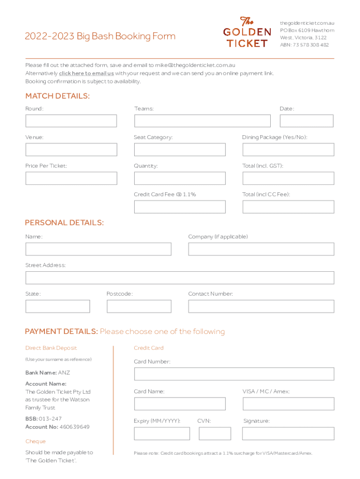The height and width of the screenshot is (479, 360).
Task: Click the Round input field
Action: pyautogui.click(x=71, y=121)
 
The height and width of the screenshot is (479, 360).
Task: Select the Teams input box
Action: pyautogui.click(x=202, y=121)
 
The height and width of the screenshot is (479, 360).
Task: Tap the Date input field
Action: pyautogui.click(x=306, y=121)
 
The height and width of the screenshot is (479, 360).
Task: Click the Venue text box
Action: pyautogui.click(x=71, y=150)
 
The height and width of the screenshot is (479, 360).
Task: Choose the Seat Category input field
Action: pyautogui.click(x=180, y=150)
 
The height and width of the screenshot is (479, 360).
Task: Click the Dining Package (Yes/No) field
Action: pyautogui.click(x=288, y=150)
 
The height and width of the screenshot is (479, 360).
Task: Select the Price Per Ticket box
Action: pyautogui.click(x=71, y=178)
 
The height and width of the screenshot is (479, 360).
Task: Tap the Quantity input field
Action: pyautogui.click(x=180, y=178)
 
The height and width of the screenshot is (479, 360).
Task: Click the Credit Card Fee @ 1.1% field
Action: pyautogui.click(x=180, y=207)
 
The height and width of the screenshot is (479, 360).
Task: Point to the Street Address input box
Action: pyautogui.click(x=180, y=278)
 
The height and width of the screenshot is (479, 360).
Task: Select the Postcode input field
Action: pyautogui.click(x=139, y=306)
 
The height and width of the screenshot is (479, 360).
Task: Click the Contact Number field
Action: pyautogui.click(x=261, y=306)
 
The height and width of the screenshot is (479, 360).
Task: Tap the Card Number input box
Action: pyautogui.click(x=234, y=374)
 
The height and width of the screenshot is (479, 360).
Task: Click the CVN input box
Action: pyautogui.click(x=215, y=434)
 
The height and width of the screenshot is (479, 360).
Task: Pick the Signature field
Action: pyautogui.click(x=288, y=434)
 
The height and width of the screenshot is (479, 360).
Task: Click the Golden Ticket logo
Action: pyautogui.click(x=246, y=32)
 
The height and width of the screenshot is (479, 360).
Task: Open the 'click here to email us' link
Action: pyautogui.click(x=86, y=73)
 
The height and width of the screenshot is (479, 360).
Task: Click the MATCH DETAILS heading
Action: pyautogui.click(x=57, y=96)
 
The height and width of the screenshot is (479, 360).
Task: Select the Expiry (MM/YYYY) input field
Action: pyautogui.click(x=162, y=434)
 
